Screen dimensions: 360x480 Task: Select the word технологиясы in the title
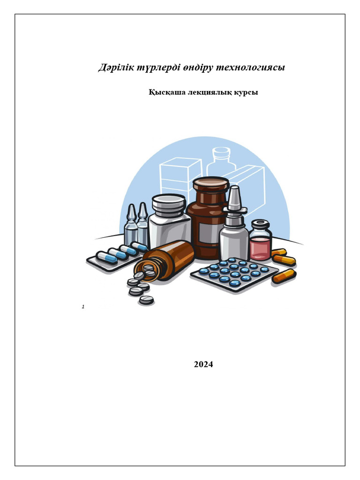[251, 67]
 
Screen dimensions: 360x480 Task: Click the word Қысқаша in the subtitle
[167, 92]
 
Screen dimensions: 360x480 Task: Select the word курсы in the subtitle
[246, 92]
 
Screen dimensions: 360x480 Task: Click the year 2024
[203, 364]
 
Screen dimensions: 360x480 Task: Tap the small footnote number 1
[83, 307]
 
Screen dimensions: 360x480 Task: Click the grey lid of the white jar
[169, 204]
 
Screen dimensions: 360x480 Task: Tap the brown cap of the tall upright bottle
[211, 185]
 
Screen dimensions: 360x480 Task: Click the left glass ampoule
[131, 225]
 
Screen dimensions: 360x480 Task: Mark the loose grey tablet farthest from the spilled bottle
[146, 300]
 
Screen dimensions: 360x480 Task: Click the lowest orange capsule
[285, 276]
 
